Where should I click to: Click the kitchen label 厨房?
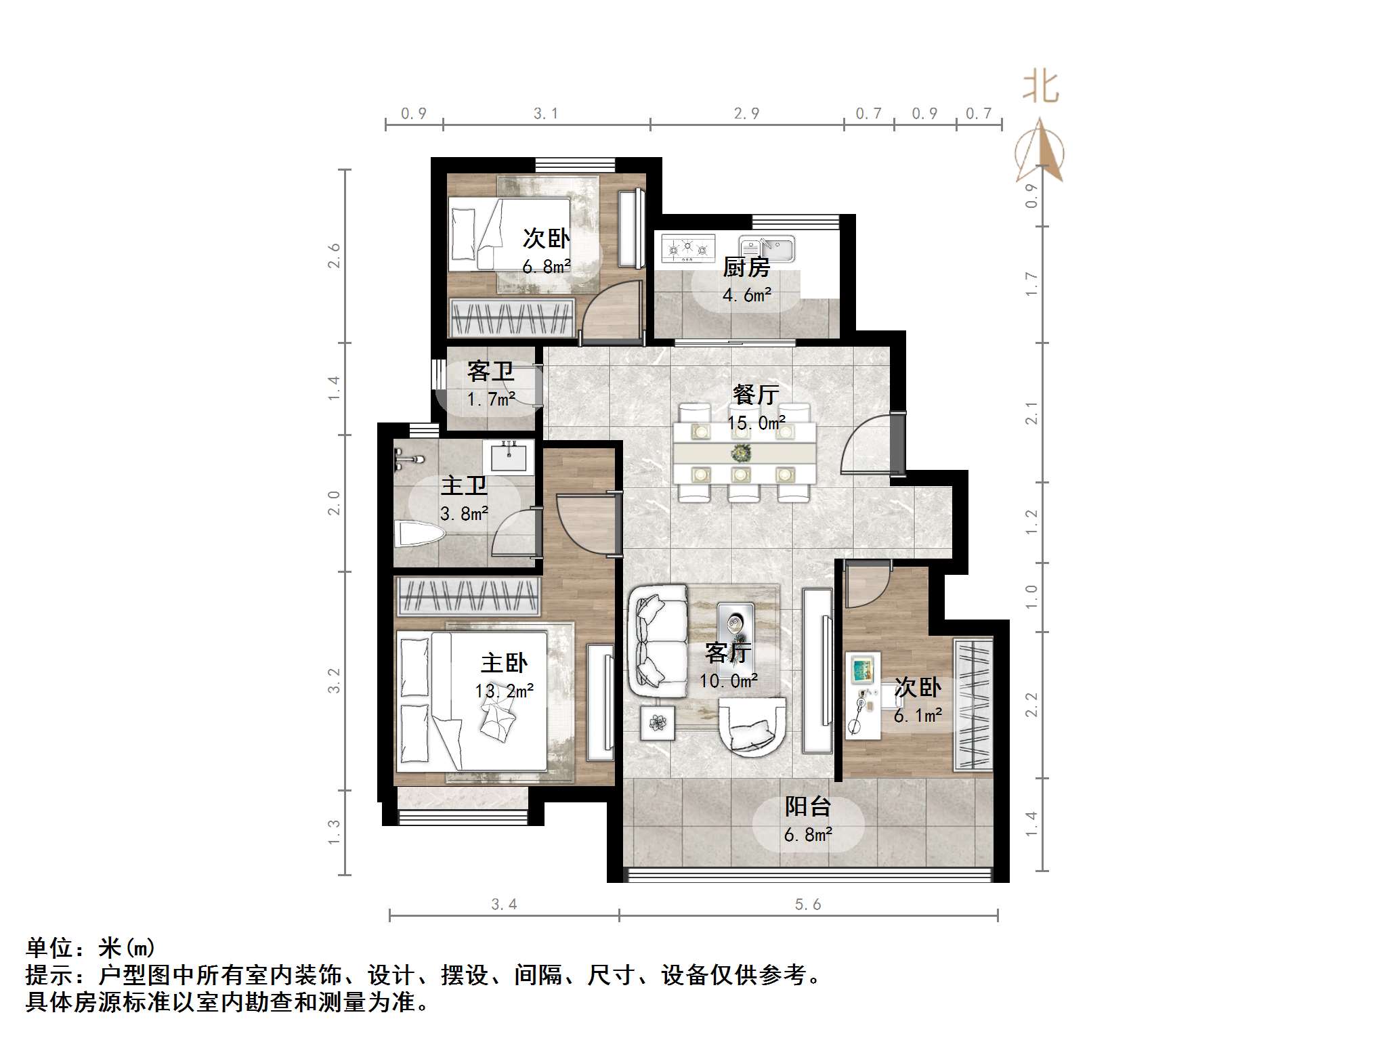pyautogui.click(x=746, y=268)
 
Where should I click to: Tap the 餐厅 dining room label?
pyautogui.click(x=756, y=395)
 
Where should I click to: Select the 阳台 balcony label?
pyautogui.click(x=807, y=806)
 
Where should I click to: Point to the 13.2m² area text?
pyautogui.click(x=504, y=691)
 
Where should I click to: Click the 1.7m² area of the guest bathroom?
pyautogui.click(x=490, y=399)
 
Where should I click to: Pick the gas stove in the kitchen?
pyautogui.click(x=688, y=248)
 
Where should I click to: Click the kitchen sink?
pyautogui.click(x=767, y=248)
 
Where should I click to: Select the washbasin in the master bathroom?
pyautogui.click(x=508, y=456)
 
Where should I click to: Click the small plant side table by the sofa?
pyautogui.click(x=658, y=723)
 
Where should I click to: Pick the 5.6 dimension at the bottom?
pyautogui.click(x=808, y=905)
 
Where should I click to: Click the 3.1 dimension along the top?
pyautogui.click(x=546, y=114)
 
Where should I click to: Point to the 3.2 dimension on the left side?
pyautogui.click(x=334, y=680)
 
